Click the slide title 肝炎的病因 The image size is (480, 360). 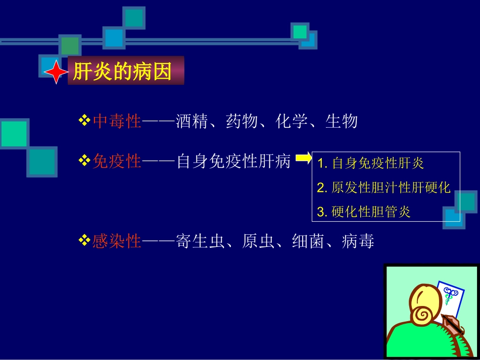(x=122, y=71)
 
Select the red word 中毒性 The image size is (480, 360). (x=117, y=121)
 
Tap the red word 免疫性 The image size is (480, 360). (x=117, y=162)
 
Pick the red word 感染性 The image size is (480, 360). (x=117, y=241)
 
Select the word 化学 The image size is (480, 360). (x=292, y=121)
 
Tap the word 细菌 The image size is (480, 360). (x=308, y=241)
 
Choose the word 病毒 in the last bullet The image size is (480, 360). (x=358, y=241)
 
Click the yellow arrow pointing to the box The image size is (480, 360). (x=304, y=159)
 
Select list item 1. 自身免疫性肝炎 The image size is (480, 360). (x=371, y=163)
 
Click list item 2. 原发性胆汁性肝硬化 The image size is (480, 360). (x=383, y=187)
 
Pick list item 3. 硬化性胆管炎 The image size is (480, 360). (x=364, y=212)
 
